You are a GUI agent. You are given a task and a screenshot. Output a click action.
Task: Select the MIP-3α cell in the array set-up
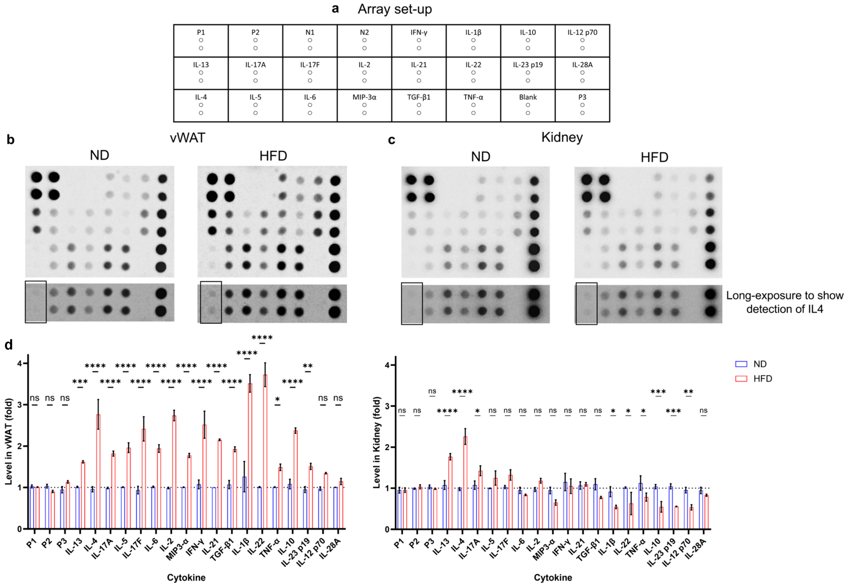point(364,105)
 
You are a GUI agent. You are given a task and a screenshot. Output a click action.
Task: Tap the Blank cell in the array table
point(528,105)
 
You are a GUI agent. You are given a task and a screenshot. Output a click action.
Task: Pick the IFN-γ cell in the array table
point(419,41)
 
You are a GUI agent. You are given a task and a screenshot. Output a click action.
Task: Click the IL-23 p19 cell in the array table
point(528,73)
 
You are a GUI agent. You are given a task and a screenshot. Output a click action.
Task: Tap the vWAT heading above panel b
point(187,138)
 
